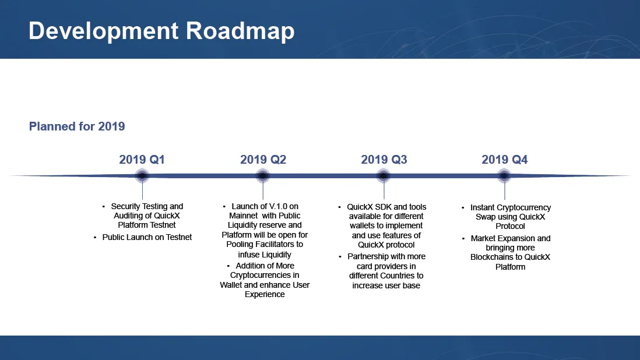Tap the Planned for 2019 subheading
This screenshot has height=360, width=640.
[x=77, y=126]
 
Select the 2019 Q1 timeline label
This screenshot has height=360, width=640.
[x=142, y=160]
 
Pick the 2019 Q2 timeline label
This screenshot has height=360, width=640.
[x=263, y=160]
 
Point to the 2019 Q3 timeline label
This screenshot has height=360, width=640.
[x=384, y=160]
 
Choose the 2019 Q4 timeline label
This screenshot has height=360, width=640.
[x=505, y=160]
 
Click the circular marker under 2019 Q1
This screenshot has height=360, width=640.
[x=142, y=176]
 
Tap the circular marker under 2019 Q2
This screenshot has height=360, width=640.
[x=263, y=176]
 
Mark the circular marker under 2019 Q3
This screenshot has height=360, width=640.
[x=384, y=176]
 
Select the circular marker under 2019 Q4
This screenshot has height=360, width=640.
[x=504, y=176]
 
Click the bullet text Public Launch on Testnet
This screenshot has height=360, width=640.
[x=147, y=237]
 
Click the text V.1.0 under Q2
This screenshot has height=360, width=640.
[x=279, y=206]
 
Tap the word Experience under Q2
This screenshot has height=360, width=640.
[x=265, y=294]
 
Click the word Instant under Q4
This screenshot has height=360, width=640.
[x=483, y=207]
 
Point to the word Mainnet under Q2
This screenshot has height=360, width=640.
[x=243, y=216]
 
